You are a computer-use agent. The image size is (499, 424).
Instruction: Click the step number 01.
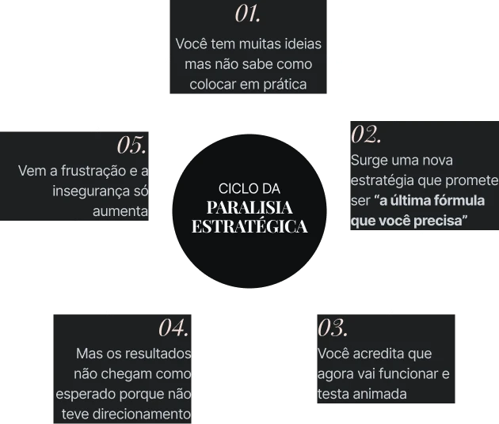[x=248, y=13]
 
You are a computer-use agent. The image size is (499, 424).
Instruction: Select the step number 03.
[x=333, y=327]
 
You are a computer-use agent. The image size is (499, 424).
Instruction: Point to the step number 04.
[x=173, y=327]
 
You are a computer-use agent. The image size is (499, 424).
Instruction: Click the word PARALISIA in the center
[x=249, y=208]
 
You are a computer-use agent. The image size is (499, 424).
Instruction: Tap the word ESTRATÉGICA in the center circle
[x=249, y=226]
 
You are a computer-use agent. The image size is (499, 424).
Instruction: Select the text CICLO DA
[x=249, y=189]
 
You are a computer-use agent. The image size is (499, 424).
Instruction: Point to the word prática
[x=284, y=84]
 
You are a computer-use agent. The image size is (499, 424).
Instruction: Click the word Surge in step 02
[x=368, y=161]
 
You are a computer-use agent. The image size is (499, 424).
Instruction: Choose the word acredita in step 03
[x=382, y=354]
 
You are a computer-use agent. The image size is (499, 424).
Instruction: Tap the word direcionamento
[x=148, y=414]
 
